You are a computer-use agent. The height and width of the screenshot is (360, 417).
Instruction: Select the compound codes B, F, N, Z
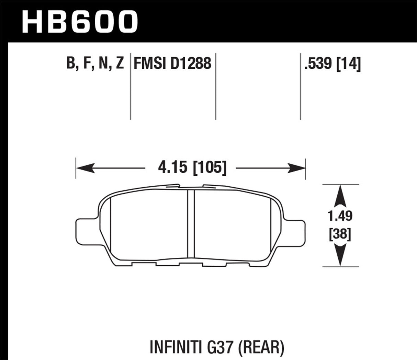95,63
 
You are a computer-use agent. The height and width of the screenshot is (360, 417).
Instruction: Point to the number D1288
191,63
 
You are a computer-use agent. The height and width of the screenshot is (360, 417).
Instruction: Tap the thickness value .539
318,63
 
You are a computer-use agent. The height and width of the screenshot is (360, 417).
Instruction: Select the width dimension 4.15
173,168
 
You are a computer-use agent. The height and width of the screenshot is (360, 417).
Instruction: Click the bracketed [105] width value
210,168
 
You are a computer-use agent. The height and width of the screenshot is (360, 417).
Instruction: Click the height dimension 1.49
340,216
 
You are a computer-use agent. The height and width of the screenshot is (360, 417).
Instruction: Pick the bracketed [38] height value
340,235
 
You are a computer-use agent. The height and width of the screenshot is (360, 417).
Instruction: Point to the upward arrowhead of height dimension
340,194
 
